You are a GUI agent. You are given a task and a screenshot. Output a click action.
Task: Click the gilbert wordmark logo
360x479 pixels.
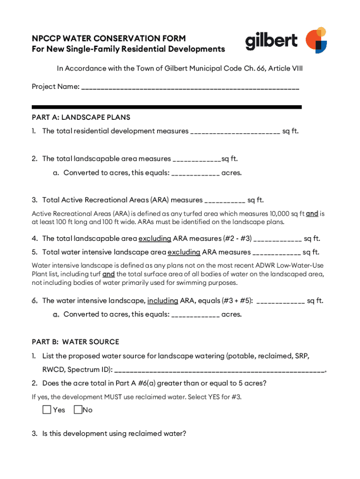click(271, 41)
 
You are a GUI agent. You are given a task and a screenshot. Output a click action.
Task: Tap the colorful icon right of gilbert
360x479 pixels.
click(316, 40)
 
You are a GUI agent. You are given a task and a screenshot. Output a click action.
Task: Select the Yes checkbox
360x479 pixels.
click(47, 410)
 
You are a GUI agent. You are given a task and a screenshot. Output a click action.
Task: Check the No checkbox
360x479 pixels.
click(78, 410)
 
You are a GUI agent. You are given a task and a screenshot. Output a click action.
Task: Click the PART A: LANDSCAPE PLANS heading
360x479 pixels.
click(81, 117)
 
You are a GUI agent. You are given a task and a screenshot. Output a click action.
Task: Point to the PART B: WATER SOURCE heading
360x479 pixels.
click(75, 341)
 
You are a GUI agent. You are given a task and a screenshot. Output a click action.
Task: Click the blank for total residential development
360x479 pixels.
click(235, 132)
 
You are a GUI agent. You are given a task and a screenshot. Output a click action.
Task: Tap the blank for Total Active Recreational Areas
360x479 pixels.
click(224, 201)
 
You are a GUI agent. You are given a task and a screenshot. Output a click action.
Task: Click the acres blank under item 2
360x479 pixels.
click(195, 174)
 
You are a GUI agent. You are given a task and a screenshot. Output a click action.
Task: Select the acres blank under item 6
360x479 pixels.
click(195, 315)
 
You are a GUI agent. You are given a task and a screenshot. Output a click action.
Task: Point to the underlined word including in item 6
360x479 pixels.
click(163, 300)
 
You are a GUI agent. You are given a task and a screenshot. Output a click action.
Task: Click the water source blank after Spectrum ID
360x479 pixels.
click(219, 370)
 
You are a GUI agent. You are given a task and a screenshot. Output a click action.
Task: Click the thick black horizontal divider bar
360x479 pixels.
click(166, 107)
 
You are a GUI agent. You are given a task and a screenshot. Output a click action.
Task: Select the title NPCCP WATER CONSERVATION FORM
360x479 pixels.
click(108, 38)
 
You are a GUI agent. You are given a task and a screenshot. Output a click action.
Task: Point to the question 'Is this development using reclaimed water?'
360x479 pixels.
click(114, 434)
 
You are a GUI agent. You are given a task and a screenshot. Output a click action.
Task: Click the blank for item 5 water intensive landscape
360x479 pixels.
click(276, 253)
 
